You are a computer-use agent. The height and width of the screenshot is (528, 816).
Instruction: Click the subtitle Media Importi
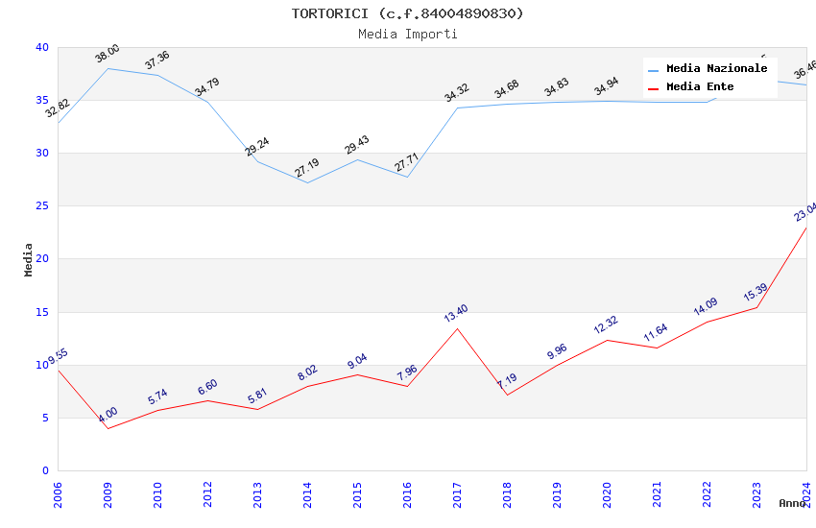408,35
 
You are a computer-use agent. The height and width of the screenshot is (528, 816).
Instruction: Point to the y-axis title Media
29,259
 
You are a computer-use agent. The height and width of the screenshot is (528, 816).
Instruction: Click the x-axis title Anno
792,503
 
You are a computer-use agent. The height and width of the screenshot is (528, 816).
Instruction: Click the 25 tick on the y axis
42,206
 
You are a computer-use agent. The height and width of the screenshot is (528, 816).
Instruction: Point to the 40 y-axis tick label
42,47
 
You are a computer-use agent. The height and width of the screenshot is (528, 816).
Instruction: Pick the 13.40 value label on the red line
456,313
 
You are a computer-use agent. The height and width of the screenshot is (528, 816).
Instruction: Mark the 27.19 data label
307,169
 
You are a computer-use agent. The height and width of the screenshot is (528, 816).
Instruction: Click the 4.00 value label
108,416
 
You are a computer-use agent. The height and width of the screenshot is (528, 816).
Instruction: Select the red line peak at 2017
457,328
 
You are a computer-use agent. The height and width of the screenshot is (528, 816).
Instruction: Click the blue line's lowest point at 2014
307,182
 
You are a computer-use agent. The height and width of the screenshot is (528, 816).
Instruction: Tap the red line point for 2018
507,395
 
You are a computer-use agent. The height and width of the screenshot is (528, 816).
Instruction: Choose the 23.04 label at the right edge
804,212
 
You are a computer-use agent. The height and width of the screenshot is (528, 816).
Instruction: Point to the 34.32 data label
456,93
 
